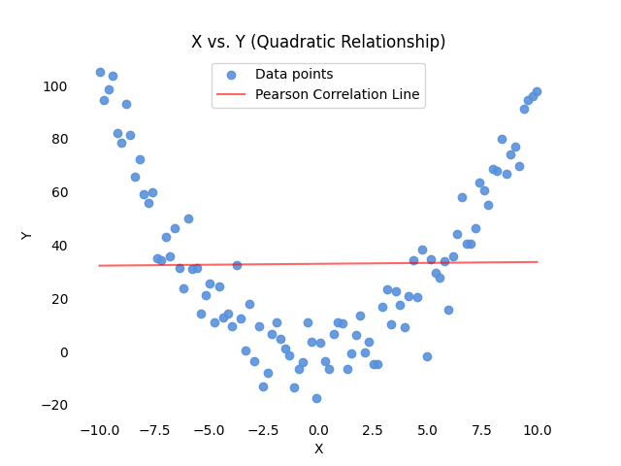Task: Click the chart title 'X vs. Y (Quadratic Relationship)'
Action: point(318,42)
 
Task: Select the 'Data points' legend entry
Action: point(294,75)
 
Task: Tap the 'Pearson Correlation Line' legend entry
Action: point(338,94)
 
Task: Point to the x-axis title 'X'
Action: point(318,449)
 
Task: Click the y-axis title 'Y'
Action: point(27,235)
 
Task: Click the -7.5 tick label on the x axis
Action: point(152,430)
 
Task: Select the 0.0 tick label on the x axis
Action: point(318,430)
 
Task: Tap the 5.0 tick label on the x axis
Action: point(429,430)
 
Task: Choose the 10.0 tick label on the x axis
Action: point(539,430)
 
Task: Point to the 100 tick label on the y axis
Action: point(55,86)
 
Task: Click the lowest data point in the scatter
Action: point(316,398)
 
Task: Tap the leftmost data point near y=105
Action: point(100,72)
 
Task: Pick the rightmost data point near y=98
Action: point(537,91)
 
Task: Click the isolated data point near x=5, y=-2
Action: point(427,356)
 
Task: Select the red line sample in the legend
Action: point(231,94)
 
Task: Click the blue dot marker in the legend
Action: point(231,75)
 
